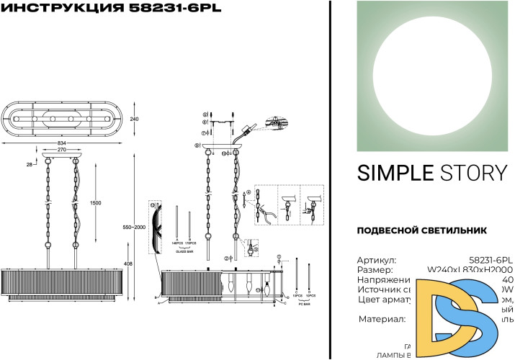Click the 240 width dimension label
point(134,119)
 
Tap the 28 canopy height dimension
point(30,166)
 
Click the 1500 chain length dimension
point(96,204)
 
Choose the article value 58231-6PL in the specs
point(491,260)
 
